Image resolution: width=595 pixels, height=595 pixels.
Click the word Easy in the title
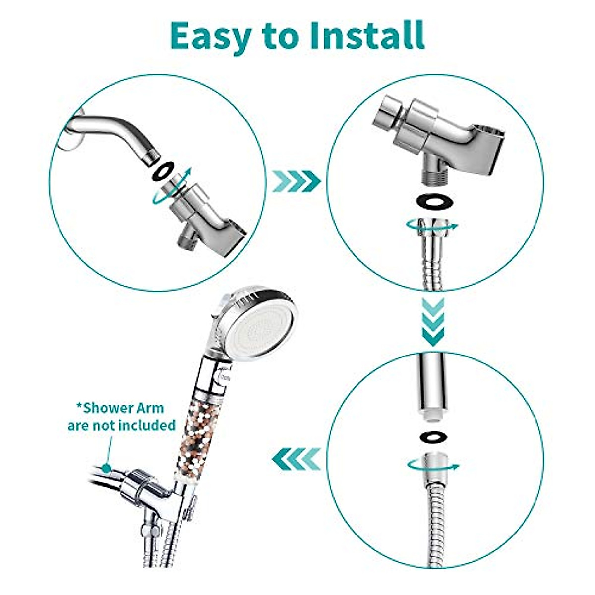pyautogui.click(x=210, y=36)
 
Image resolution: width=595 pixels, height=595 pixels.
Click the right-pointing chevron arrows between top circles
pyautogui.click(x=296, y=181)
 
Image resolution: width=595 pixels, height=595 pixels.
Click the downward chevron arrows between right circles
pyautogui.click(x=433, y=322)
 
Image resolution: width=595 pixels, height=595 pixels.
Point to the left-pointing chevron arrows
pyautogui.click(x=296, y=458)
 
